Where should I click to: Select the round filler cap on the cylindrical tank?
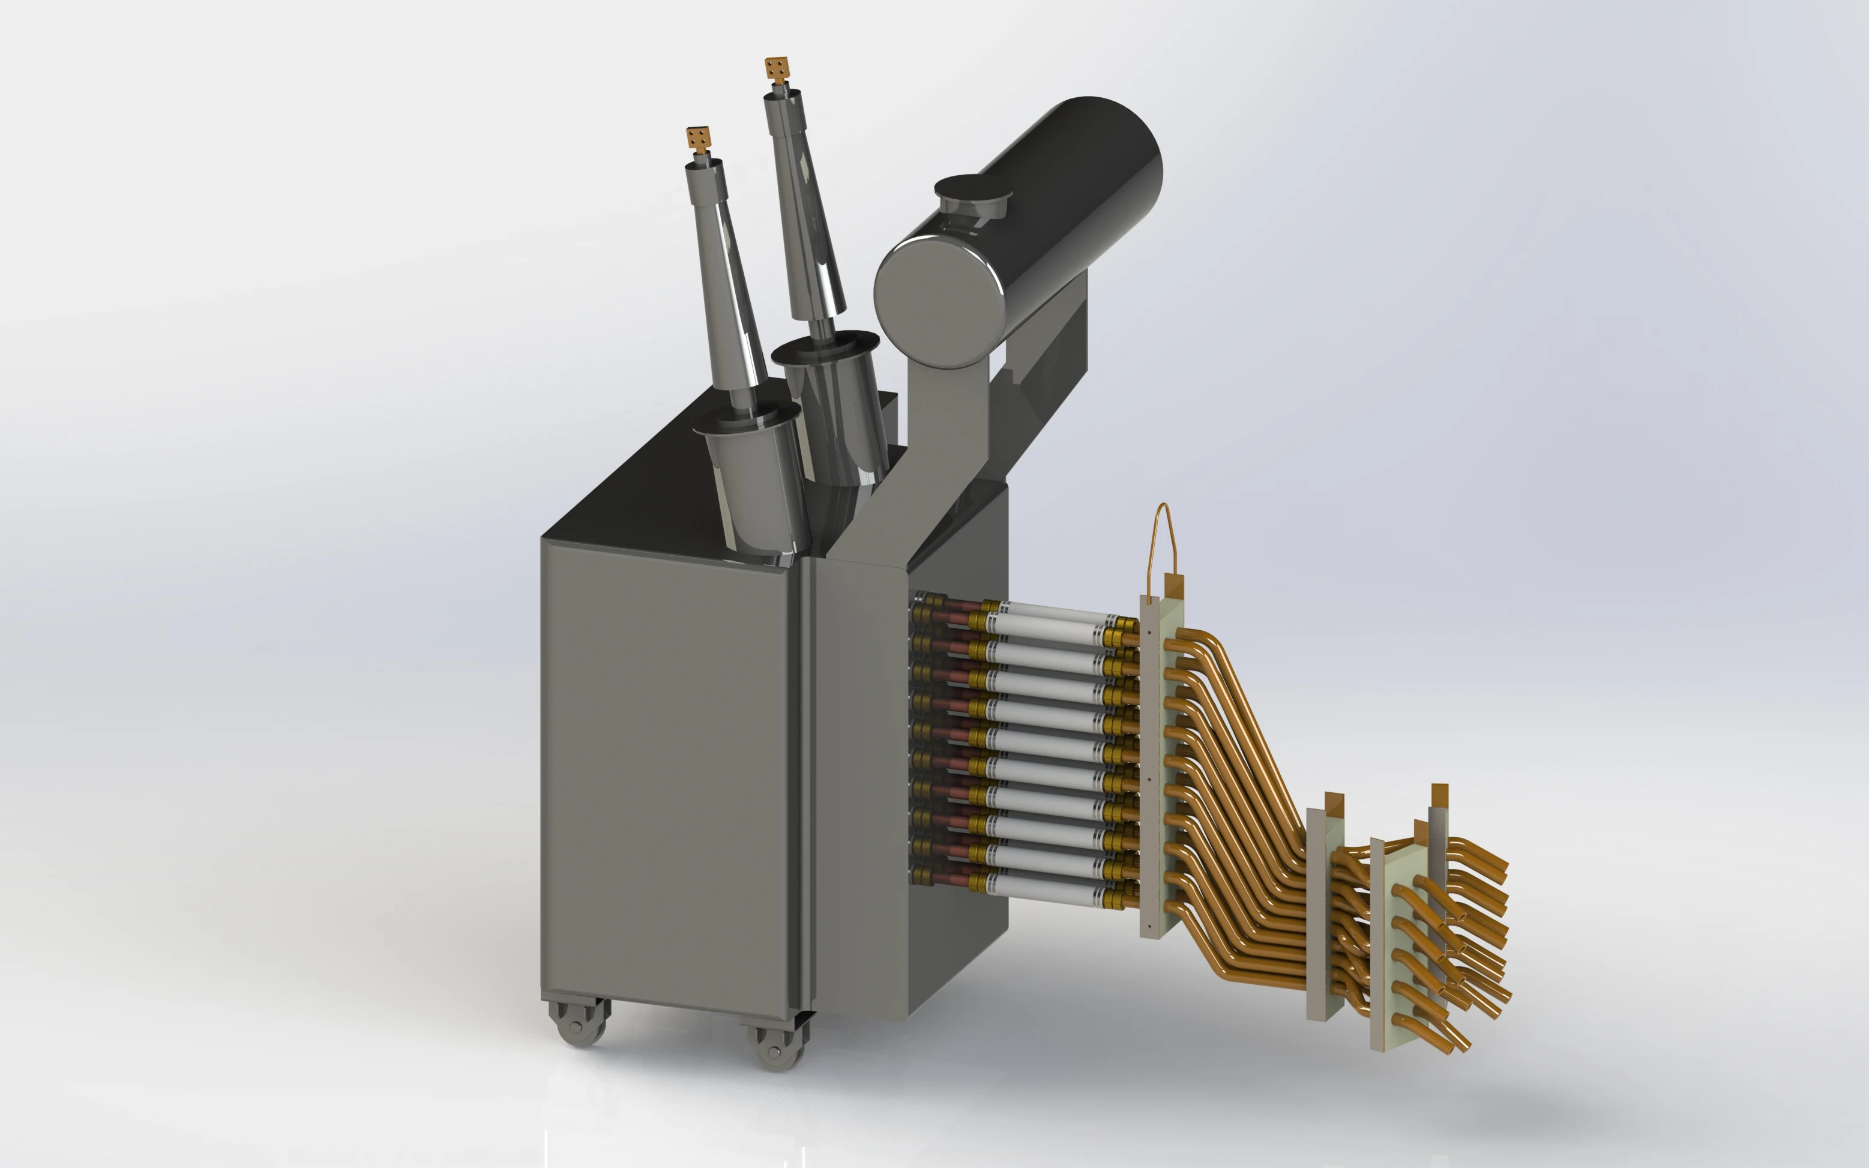click(x=973, y=189)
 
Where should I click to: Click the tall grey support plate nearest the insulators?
click(x=1150, y=772)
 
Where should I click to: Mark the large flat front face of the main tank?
click(x=668, y=772)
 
